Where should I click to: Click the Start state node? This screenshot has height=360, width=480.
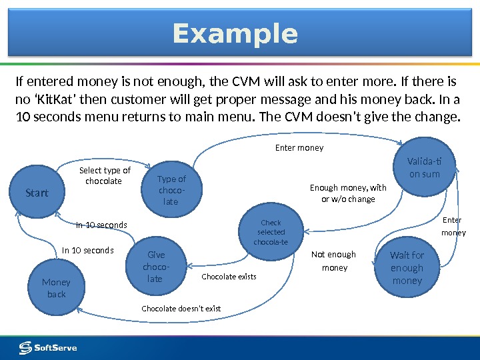click(37, 193)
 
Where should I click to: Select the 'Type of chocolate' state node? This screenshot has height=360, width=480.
click(171, 190)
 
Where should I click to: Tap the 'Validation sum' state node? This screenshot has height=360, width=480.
click(424, 167)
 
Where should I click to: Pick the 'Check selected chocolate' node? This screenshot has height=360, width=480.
click(271, 232)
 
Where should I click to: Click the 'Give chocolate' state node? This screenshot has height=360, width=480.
click(156, 267)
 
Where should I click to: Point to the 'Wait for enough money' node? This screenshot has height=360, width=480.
click(407, 268)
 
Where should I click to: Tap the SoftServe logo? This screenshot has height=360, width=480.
click(48, 347)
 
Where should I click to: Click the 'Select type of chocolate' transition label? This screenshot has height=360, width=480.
click(104, 175)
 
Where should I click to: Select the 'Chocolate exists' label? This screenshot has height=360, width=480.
click(229, 277)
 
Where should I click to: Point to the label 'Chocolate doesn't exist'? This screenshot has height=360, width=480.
click(181, 309)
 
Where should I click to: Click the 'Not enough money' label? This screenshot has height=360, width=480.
click(334, 261)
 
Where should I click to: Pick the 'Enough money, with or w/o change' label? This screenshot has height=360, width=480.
click(348, 193)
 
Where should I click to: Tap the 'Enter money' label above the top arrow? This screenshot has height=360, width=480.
click(299, 148)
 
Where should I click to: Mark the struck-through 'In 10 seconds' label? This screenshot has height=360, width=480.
click(101, 225)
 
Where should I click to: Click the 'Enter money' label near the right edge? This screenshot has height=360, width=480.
click(453, 227)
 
